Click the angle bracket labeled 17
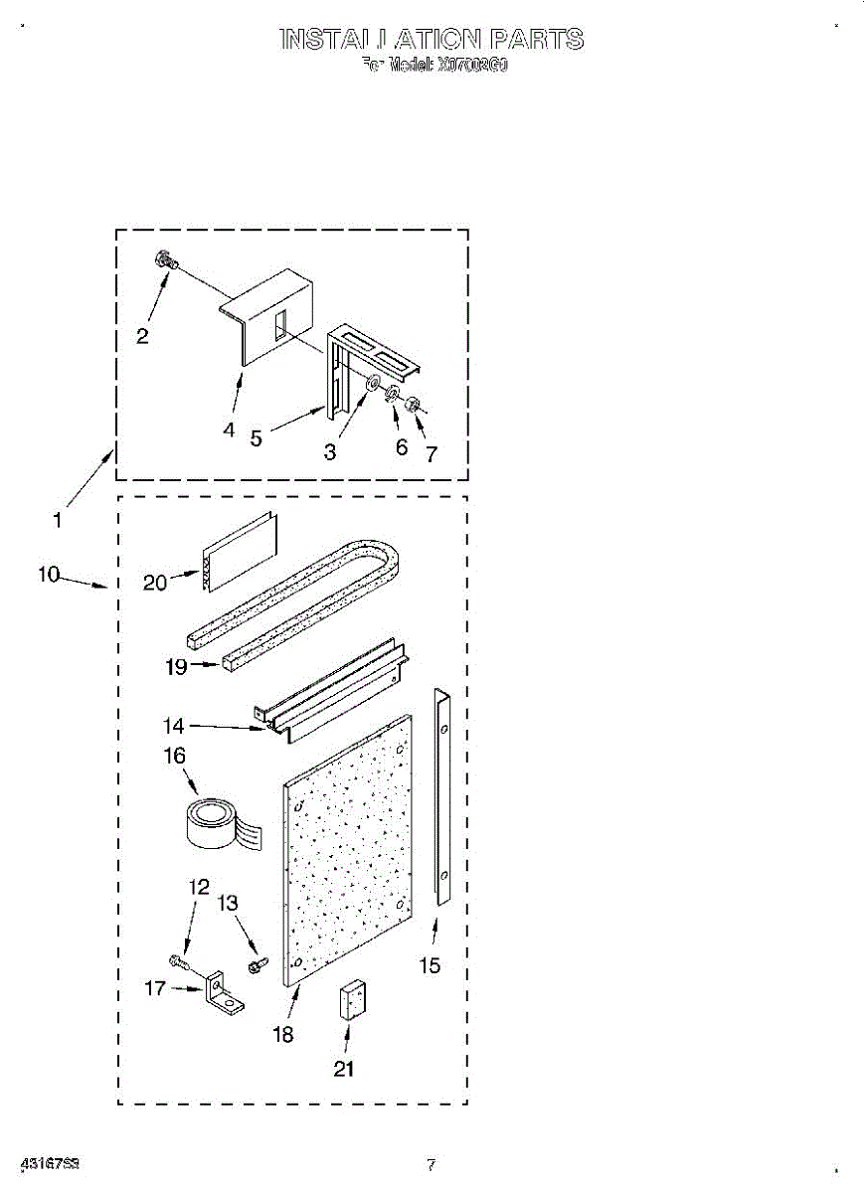pyautogui.click(x=221, y=994)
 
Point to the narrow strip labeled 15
pyautogui.click(x=443, y=796)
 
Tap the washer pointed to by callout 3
pyautogui.click(x=374, y=384)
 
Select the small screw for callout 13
pyautogui.click(x=258, y=964)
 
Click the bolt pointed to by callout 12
pyautogui.click(x=179, y=960)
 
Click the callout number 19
pyautogui.click(x=176, y=667)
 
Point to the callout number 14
pyautogui.click(x=173, y=727)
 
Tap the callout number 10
pyautogui.click(x=49, y=575)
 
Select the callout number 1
pyautogui.click(x=58, y=519)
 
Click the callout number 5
pyautogui.click(x=256, y=437)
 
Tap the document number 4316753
pyautogui.click(x=50, y=1163)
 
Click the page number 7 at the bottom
pyautogui.click(x=431, y=1164)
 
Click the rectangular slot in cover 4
pyautogui.click(x=281, y=326)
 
